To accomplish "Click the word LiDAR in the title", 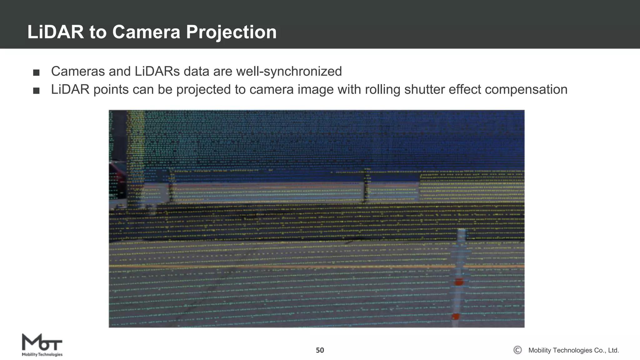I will (56, 32).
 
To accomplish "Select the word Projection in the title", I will (231, 32).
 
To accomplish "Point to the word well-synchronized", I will (289, 71).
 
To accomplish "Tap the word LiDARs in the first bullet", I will (157, 71).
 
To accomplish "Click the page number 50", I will (320, 350).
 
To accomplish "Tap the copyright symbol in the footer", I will (517, 350).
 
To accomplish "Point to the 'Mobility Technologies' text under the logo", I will (42, 354).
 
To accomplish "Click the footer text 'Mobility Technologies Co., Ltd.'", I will (573, 350).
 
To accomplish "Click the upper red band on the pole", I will (458, 282).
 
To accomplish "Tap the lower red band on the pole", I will (456, 317).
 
